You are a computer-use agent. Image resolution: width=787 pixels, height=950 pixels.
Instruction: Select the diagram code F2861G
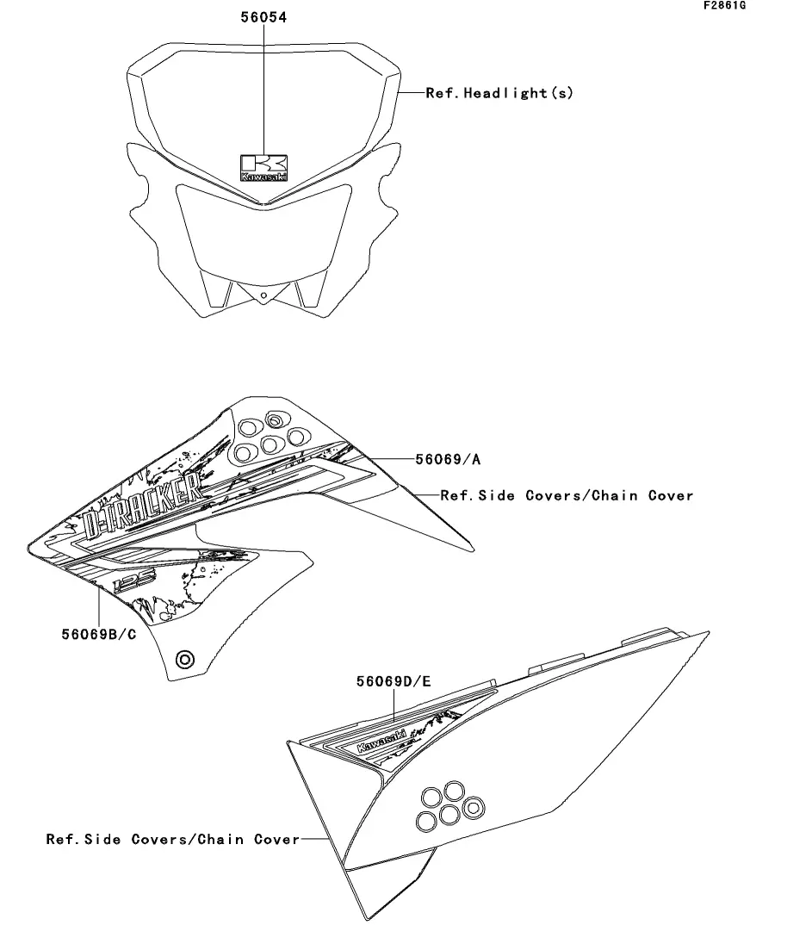tap(724, 6)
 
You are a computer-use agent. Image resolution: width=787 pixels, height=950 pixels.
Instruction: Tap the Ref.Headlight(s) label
tap(499, 93)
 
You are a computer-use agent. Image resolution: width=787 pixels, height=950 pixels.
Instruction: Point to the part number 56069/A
tap(448, 460)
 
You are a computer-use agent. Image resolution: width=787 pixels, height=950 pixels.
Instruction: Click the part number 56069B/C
tap(99, 635)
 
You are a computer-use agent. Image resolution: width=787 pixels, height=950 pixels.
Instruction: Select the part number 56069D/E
tap(394, 681)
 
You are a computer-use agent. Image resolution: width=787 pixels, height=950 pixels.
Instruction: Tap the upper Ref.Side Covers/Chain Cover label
tap(567, 495)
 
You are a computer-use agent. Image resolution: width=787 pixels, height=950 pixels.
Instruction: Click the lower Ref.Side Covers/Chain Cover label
tap(172, 838)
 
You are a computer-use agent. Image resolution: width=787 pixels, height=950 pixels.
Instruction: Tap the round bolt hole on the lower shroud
tap(184, 660)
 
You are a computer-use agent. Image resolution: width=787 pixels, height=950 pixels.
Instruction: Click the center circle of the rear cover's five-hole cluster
tap(448, 813)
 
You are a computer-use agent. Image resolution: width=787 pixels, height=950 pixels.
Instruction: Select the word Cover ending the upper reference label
tap(671, 495)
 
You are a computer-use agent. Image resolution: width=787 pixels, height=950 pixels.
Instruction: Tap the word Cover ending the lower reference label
tap(276, 838)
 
